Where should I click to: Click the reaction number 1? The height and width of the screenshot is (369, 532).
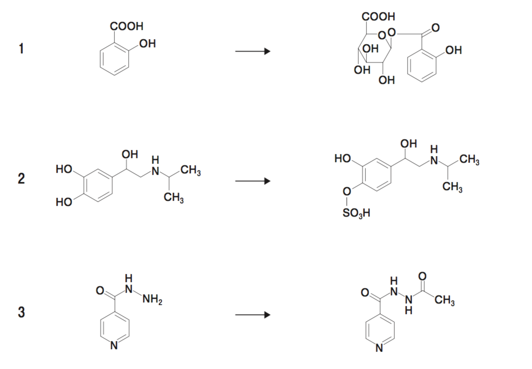(x=21, y=50)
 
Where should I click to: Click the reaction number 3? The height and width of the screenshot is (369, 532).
(x=21, y=312)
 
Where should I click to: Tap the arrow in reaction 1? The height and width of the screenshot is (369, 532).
(x=253, y=52)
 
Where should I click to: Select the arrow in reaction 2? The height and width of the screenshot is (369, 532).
(x=253, y=182)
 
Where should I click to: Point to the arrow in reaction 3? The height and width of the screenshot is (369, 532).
(x=253, y=315)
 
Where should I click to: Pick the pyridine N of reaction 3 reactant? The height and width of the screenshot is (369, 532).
(x=114, y=347)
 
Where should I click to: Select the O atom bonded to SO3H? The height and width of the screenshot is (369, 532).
(x=347, y=192)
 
